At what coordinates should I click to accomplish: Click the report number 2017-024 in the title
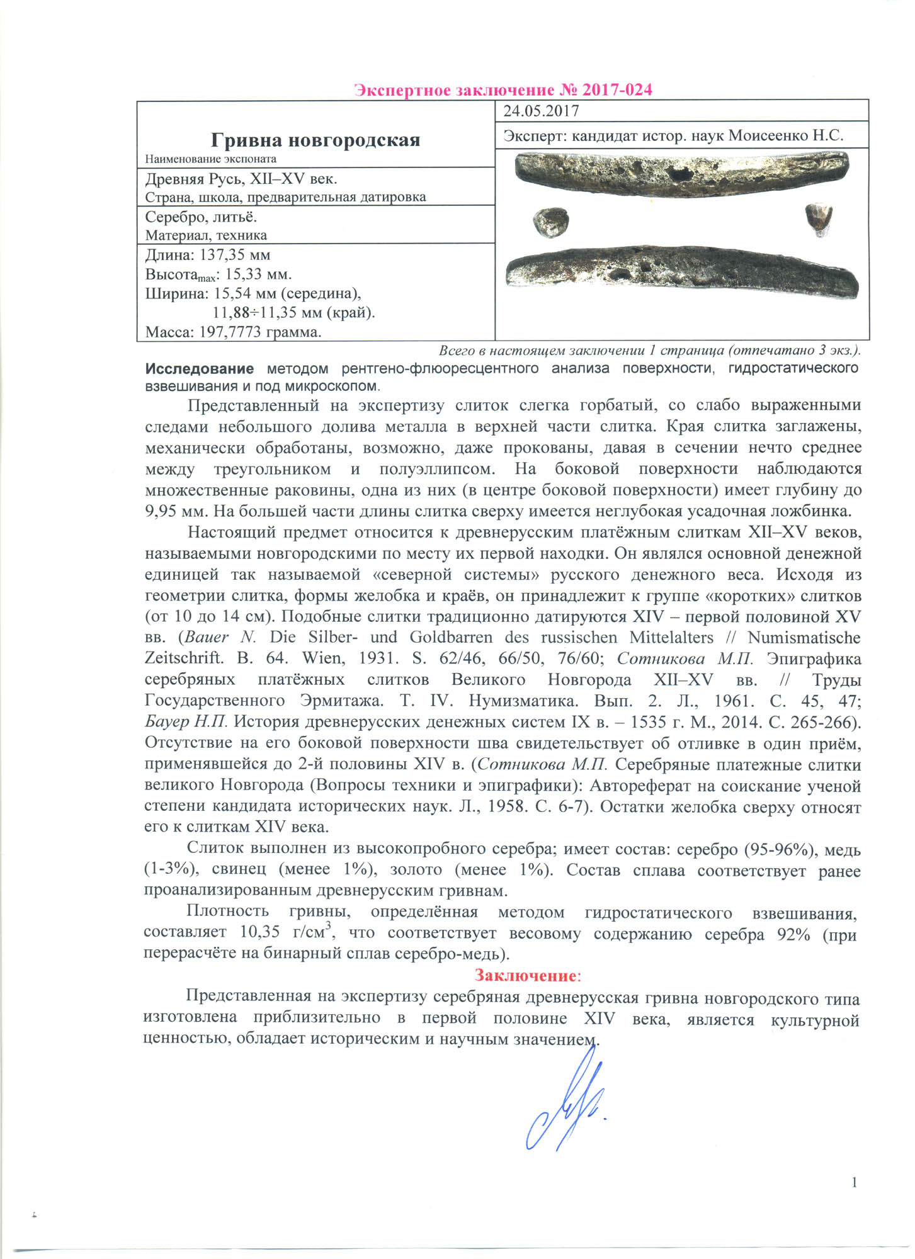pyautogui.click(x=617, y=90)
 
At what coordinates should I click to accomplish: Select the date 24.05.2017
pyautogui.click(x=541, y=111)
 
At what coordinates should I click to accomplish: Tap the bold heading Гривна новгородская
pyautogui.click(x=315, y=139)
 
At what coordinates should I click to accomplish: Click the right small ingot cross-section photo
pyautogui.click(x=819, y=219)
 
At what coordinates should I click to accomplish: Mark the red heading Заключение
pyautogui.click(x=525, y=975)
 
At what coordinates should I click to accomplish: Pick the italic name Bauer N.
pyautogui.click(x=221, y=637)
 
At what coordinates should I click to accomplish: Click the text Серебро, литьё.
pyautogui.click(x=201, y=217)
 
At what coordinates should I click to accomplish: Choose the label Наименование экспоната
pyautogui.click(x=210, y=159)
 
